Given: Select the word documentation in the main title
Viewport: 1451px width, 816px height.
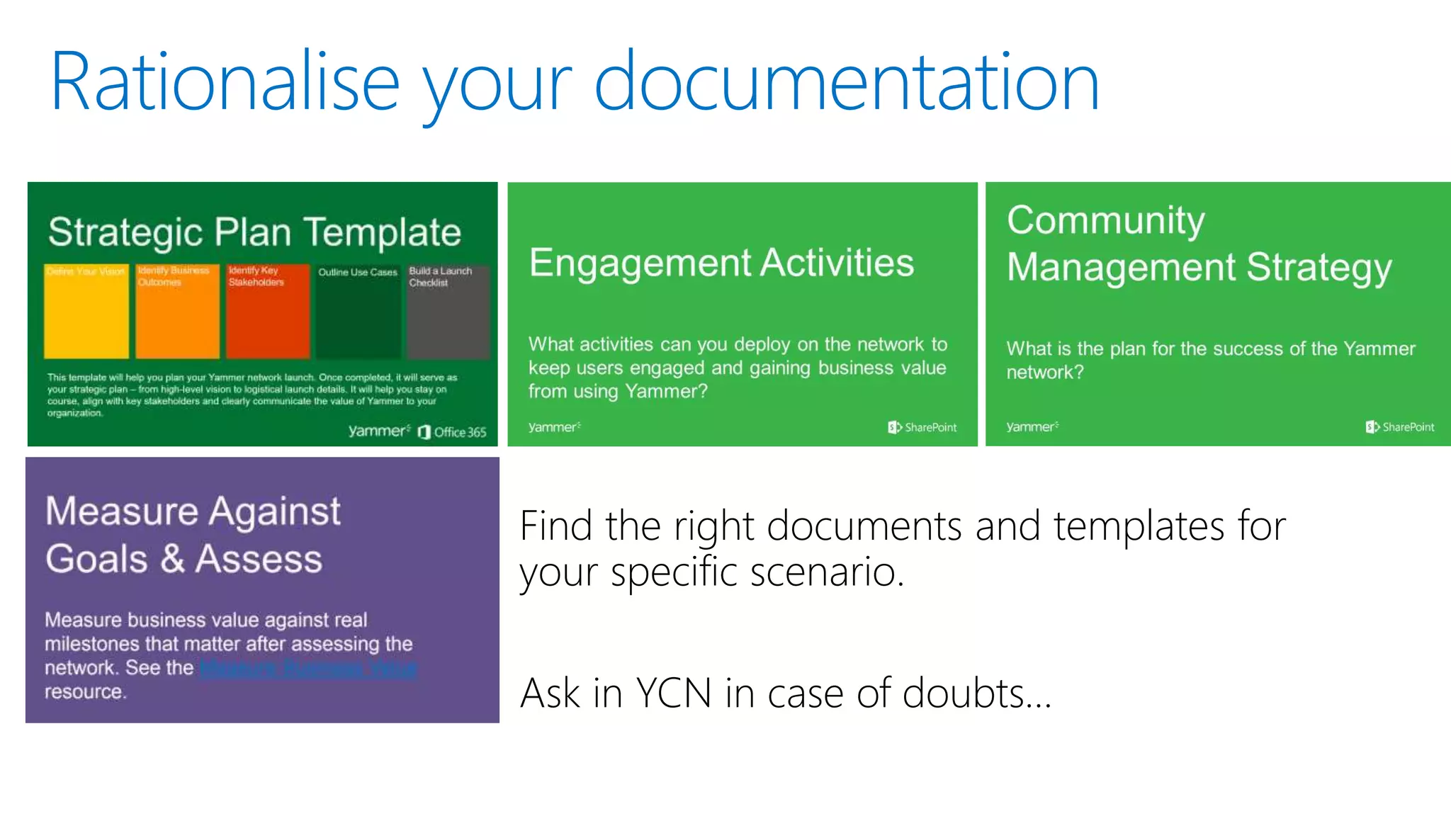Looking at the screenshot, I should (846, 82).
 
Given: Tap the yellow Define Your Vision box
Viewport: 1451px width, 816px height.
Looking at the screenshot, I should (86, 312).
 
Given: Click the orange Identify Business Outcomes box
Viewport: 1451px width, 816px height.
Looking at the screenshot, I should (177, 312).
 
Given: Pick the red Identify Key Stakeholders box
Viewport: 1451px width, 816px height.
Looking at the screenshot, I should (268, 312).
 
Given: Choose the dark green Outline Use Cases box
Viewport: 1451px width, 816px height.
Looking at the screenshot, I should (358, 312).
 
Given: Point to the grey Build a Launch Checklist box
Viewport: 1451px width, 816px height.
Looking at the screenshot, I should (448, 312).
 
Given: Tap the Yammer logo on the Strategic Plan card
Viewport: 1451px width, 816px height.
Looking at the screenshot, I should (379, 431).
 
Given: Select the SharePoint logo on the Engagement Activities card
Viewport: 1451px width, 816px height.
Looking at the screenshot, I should (922, 427).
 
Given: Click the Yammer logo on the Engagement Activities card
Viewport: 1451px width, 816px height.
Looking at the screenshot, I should (554, 427).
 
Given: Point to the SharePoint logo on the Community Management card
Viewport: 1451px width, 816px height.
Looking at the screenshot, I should (1399, 427).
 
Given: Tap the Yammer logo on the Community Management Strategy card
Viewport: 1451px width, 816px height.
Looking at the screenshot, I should (1032, 427).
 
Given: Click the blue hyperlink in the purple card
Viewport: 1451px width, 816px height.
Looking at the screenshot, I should (307, 668).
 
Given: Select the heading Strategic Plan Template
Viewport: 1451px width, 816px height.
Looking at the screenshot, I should (254, 232).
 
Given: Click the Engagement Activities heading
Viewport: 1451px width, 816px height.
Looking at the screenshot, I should (721, 263).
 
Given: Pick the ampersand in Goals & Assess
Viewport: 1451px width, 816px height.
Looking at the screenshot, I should (172, 558).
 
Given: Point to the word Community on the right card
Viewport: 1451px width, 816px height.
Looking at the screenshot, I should (1105, 220).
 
